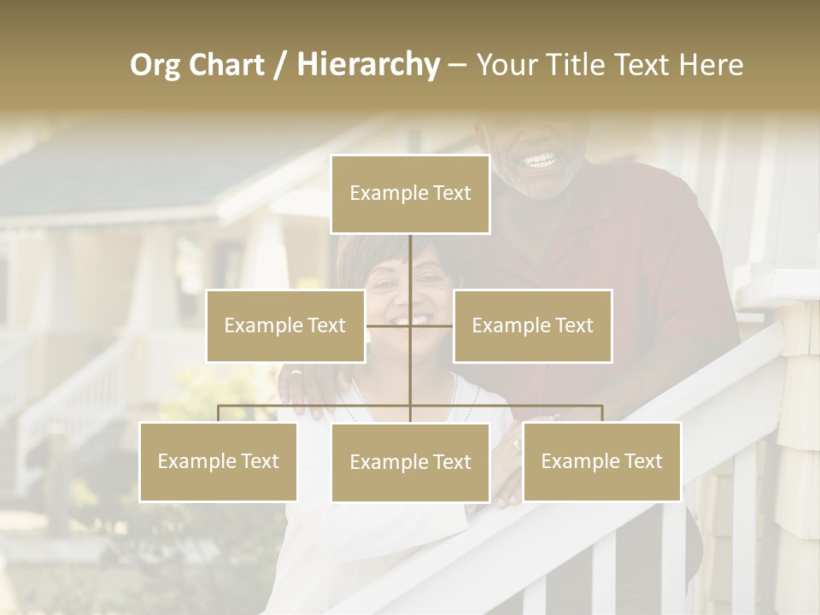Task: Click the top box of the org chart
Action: [x=410, y=194]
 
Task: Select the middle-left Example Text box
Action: [x=285, y=325]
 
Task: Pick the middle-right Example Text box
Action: [x=532, y=325]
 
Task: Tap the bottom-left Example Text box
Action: [x=219, y=461]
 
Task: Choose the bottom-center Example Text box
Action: [x=410, y=462]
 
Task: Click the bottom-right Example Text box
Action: [x=601, y=461]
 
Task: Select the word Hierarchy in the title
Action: [x=368, y=65]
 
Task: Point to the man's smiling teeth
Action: [x=538, y=160]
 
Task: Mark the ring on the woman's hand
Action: [x=517, y=444]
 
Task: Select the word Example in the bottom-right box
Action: [x=578, y=461]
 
